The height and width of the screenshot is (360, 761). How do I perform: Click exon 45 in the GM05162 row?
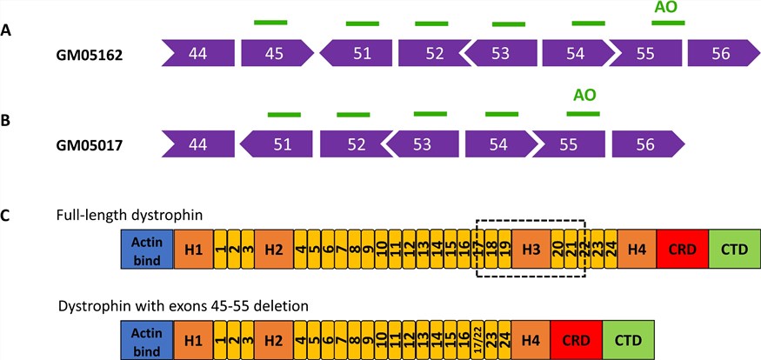point(275,54)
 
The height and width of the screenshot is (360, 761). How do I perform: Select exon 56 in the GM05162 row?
point(720,54)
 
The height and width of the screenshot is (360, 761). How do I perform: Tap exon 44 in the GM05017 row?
point(198,144)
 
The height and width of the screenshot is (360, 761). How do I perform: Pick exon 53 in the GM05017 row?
point(421,144)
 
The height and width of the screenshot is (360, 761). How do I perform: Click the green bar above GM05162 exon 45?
point(270,22)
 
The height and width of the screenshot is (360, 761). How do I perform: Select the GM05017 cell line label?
point(88,144)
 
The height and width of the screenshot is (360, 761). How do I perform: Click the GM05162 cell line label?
point(88,54)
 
